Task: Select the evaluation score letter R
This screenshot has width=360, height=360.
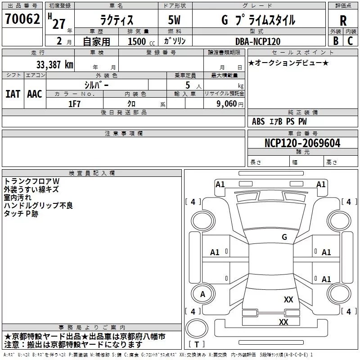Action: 343,20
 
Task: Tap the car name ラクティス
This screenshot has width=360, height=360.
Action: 116,20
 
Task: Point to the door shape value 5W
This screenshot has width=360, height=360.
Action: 175,20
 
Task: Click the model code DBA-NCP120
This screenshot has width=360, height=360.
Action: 258,41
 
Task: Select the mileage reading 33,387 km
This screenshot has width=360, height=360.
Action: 55,64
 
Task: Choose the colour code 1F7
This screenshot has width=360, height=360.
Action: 74,103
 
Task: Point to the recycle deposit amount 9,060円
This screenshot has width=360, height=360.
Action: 229,103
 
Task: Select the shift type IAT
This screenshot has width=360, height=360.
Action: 13,94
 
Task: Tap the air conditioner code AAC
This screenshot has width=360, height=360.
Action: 35,94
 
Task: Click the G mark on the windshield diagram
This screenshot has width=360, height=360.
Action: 284,237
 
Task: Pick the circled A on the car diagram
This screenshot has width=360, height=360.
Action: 202,294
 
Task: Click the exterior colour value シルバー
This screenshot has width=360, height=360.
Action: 96,85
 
